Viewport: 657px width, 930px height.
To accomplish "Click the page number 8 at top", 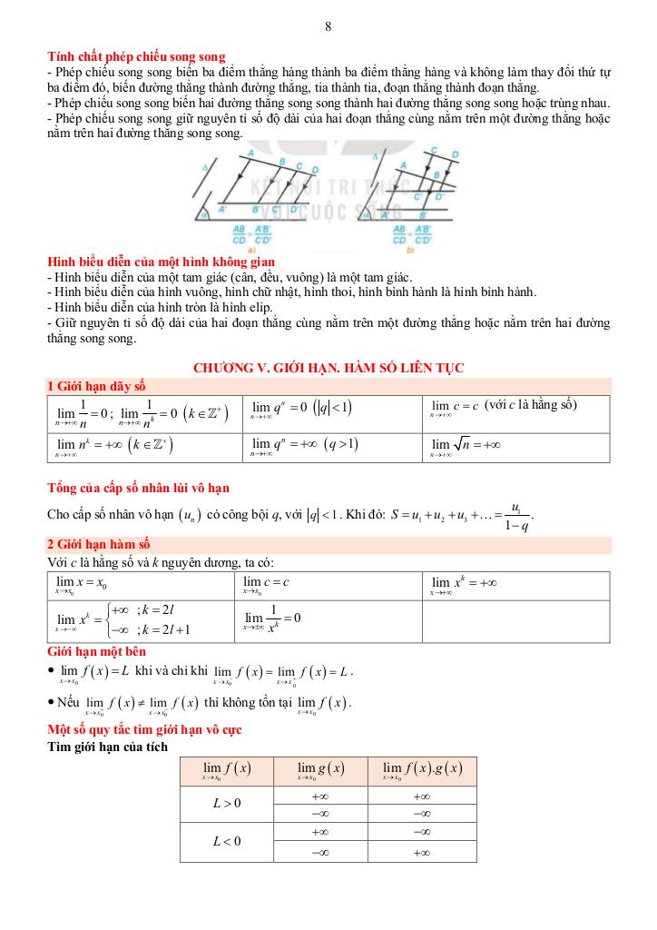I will click(x=328, y=26).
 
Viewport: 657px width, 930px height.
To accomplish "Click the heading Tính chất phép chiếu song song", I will click(x=136, y=57).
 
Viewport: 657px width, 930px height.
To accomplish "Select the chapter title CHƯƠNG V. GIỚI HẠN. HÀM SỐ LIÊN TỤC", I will click(x=328, y=368).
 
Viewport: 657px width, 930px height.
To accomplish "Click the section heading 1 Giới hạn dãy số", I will click(x=96, y=386).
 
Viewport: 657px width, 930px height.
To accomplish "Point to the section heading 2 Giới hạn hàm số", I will click(x=99, y=545).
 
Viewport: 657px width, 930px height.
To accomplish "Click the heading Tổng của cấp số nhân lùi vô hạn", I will click(x=137, y=489).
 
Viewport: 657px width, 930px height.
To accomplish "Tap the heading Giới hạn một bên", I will click(x=96, y=651).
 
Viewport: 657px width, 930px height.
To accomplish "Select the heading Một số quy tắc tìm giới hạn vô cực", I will click(x=143, y=730).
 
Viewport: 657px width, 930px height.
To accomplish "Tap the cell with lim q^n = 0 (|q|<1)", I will click(x=301, y=409).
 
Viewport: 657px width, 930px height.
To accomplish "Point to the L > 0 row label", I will click(x=227, y=803).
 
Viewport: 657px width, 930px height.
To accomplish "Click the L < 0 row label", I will click(x=227, y=842).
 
